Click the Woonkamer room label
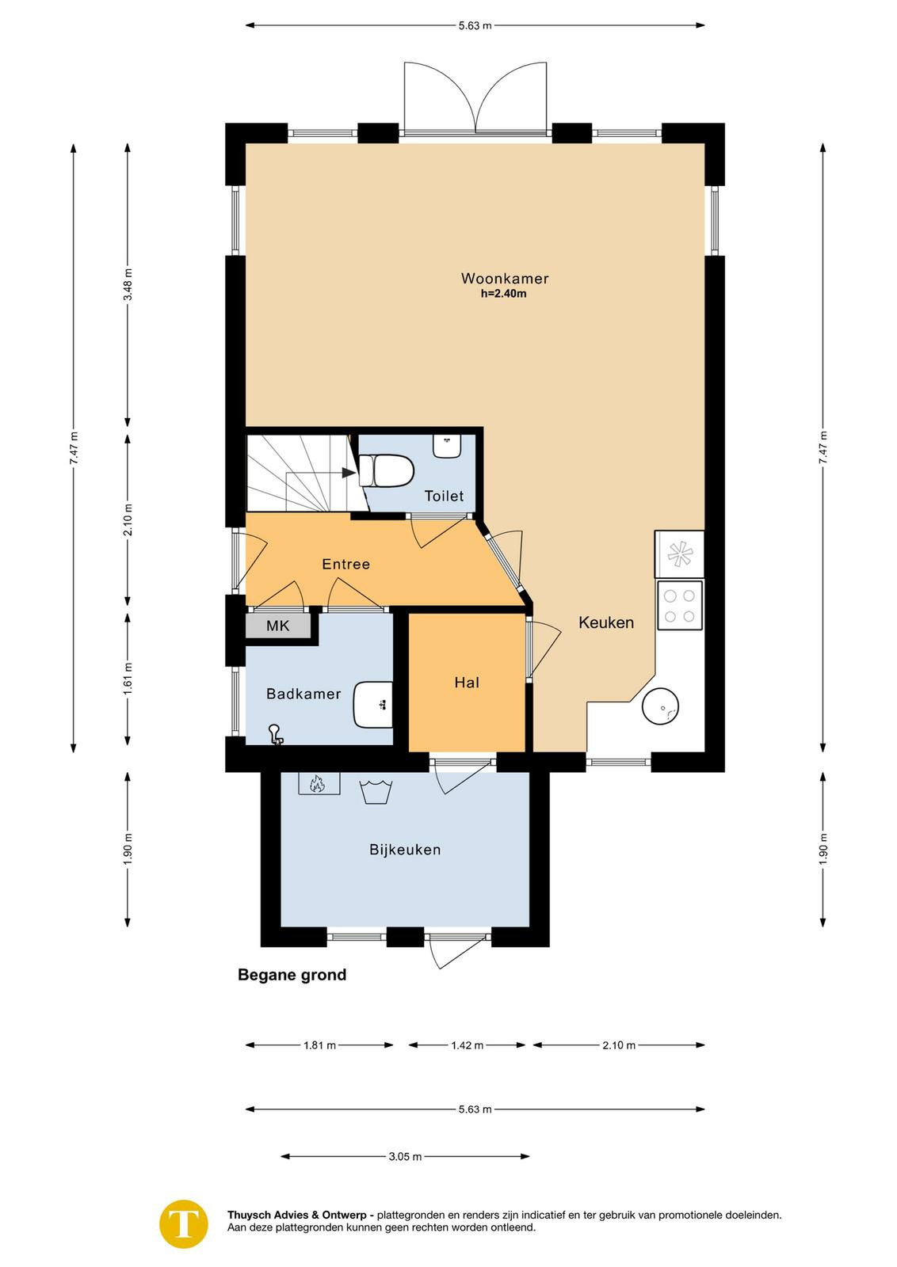pyautogui.click(x=504, y=278)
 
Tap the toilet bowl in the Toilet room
pyautogui.click(x=387, y=470)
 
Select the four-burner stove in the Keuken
pyautogui.click(x=679, y=605)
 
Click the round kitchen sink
pyautogui.click(x=660, y=706)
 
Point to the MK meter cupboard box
pyautogui.click(x=278, y=626)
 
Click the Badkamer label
pyautogui.click(x=303, y=694)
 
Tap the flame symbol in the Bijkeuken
pyautogui.click(x=317, y=784)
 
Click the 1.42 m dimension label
pyautogui.click(x=467, y=1045)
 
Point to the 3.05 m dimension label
pyautogui.click(x=405, y=1157)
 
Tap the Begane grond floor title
pyautogui.click(x=292, y=975)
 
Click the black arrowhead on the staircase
pyautogui.click(x=349, y=472)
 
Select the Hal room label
pyautogui.click(x=467, y=683)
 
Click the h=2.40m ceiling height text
pyautogui.click(x=504, y=294)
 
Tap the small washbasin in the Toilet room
pyautogui.click(x=447, y=446)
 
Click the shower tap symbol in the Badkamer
pyautogui.click(x=277, y=733)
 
